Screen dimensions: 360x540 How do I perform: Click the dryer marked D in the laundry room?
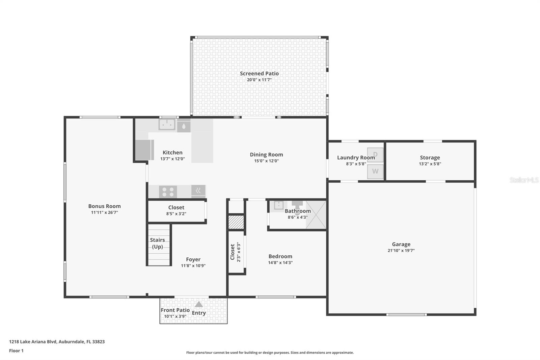tap(375, 155)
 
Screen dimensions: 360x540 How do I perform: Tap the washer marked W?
tap(375, 171)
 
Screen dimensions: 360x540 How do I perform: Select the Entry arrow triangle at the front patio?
tap(199, 304)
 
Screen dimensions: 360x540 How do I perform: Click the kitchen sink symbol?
tap(167, 125)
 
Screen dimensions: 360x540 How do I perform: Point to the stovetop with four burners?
tap(168, 192)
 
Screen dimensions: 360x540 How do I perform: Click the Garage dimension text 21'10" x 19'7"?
tap(401, 251)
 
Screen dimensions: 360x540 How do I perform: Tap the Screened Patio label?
tap(259, 73)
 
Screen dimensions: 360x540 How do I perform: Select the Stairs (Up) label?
tap(157, 243)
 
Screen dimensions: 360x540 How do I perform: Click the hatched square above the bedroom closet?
tap(236, 223)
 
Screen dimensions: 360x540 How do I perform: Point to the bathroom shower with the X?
tap(316, 215)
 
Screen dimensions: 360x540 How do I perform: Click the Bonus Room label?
tap(104, 206)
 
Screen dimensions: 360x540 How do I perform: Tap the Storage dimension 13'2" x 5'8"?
tap(430, 164)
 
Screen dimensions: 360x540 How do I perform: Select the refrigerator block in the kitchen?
tap(144, 150)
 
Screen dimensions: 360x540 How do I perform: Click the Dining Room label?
tap(266, 155)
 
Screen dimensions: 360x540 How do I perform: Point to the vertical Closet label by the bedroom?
tap(232, 252)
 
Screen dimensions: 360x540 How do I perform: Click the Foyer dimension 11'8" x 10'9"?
tap(193, 266)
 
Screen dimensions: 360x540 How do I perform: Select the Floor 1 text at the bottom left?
tap(16, 351)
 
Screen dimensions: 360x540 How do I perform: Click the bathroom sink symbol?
tap(278, 205)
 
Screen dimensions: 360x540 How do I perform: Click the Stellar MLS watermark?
tap(523, 180)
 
